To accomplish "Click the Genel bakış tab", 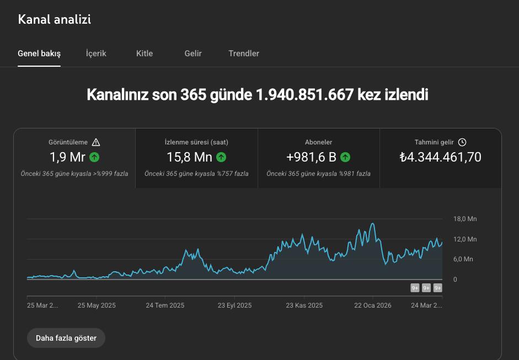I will point(39,53).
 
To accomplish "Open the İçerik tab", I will point(96,53).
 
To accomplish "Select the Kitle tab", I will point(145,53).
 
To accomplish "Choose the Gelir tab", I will point(193,53).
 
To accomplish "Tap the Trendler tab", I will point(244,53).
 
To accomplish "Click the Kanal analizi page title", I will point(55,19).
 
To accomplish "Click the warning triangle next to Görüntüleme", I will point(96,142).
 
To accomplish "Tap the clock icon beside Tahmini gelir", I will point(462,142).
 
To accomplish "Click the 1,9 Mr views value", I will point(67,157).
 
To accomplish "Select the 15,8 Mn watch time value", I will point(189,157).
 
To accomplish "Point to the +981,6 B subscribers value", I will point(311,157).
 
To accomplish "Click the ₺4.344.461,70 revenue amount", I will point(440,157).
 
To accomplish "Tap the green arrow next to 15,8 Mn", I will point(221,157).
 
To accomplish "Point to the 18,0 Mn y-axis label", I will point(464,219).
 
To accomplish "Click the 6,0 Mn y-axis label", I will point(463,259).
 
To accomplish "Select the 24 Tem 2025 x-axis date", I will point(165,305).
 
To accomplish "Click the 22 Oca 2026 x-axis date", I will point(373,305).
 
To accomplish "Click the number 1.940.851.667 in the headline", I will point(305,95).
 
